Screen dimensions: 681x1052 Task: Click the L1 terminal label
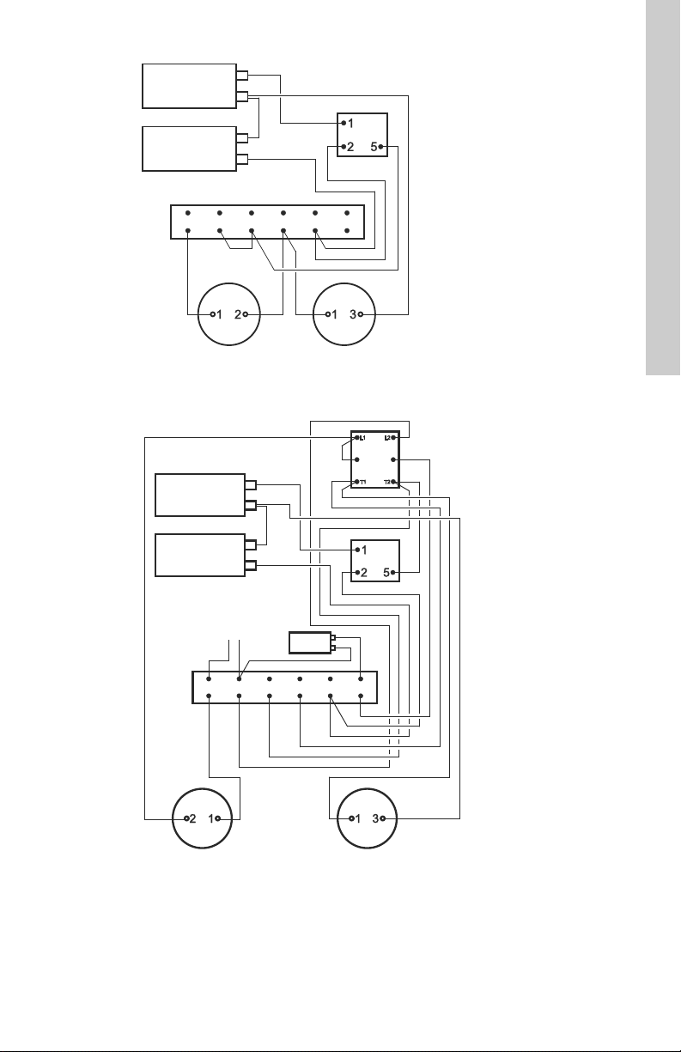pos(362,439)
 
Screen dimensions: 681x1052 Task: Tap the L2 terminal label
pos(387,439)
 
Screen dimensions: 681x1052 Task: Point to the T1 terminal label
pos(362,482)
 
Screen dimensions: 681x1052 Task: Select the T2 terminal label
pos(387,482)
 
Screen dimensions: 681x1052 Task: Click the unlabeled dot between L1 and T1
pos(357,460)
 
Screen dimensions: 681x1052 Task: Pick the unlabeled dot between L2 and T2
pos(392,460)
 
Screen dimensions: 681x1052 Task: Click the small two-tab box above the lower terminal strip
pos(309,643)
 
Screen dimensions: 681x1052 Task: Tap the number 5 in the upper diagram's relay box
pos(374,147)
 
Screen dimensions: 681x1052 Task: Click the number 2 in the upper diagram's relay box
pos(350,147)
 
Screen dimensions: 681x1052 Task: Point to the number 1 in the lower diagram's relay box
pos(364,549)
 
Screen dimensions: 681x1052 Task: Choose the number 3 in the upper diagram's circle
pos(353,314)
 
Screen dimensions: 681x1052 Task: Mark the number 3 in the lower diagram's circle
pos(375,818)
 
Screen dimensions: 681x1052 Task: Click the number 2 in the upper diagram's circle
pos(237,314)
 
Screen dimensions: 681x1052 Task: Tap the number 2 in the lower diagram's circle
pos(192,818)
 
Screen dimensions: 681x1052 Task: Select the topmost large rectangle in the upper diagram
pos(189,85)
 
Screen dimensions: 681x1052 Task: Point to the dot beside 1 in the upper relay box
pos(343,123)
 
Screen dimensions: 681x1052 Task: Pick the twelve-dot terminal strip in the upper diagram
pos(266,222)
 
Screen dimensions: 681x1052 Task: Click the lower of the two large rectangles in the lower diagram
pos(199,554)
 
